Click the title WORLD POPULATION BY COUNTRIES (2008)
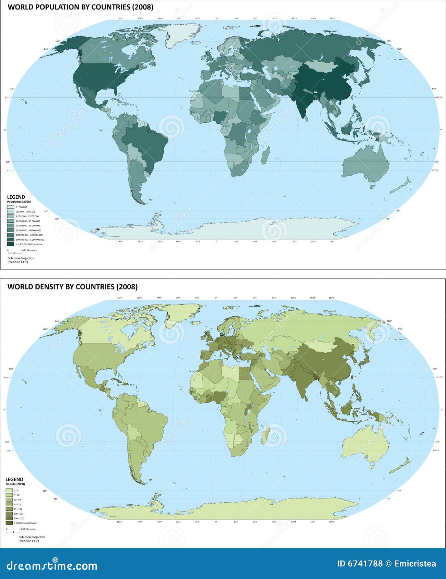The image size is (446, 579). click(x=80, y=7)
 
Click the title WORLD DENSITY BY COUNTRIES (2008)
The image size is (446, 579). click(x=72, y=287)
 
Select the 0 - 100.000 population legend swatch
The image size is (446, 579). click(x=10, y=207)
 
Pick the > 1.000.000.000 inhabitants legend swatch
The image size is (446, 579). click(x=10, y=244)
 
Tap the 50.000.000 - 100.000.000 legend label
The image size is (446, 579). click(x=28, y=231)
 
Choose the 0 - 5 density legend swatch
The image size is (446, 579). click(x=9, y=491)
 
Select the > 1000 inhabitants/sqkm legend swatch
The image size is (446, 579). click(x=9, y=523)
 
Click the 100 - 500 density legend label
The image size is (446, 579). click(x=18, y=514)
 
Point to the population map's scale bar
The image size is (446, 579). click(x=14, y=253)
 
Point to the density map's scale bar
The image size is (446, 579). click(x=13, y=532)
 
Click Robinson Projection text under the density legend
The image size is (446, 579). click(x=32, y=537)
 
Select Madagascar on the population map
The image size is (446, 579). click(x=266, y=155)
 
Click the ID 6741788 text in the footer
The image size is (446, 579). click(x=360, y=564)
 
